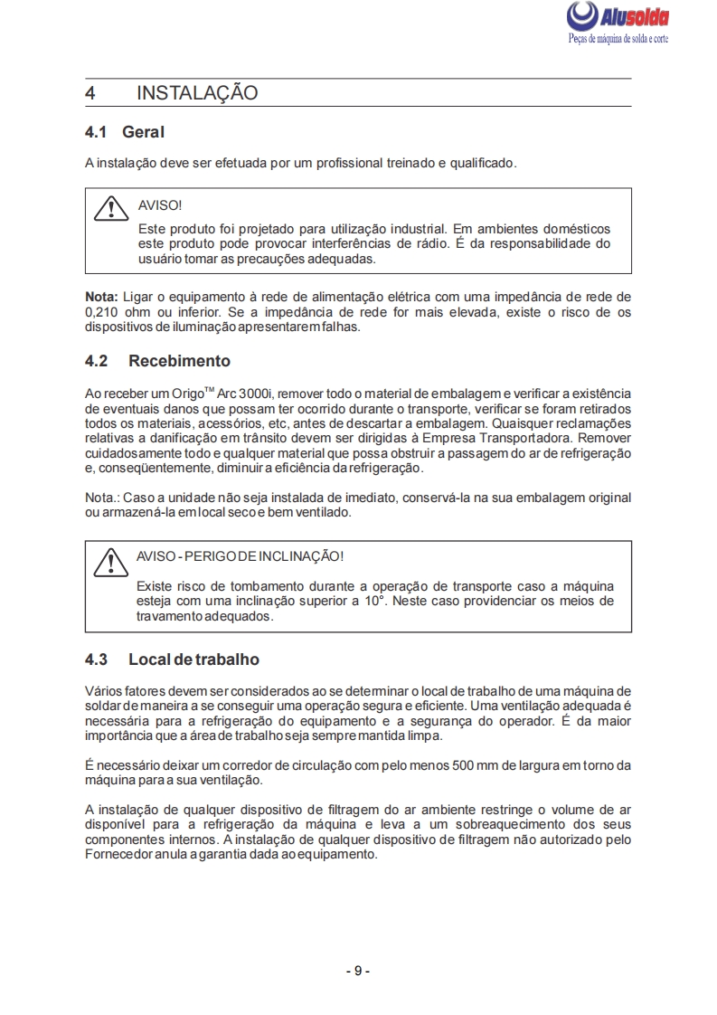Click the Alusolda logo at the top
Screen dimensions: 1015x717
click(x=617, y=17)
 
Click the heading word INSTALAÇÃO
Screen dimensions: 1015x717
click(x=197, y=93)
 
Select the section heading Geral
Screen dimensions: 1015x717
click(x=144, y=133)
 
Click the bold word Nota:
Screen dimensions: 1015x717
click(x=101, y=297)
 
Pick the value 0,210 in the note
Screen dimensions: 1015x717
click(x=102, y=312)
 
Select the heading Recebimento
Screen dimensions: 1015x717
click(x=179, y=361)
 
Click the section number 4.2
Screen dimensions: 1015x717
click(x=96, y=361)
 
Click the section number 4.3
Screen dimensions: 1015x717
click(x=96, y=659)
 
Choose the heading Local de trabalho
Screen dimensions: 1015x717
click(x=193, y=659)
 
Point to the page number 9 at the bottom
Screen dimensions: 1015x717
click(x=358, y=971)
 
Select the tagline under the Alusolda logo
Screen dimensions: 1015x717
click(x=618, y=40)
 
